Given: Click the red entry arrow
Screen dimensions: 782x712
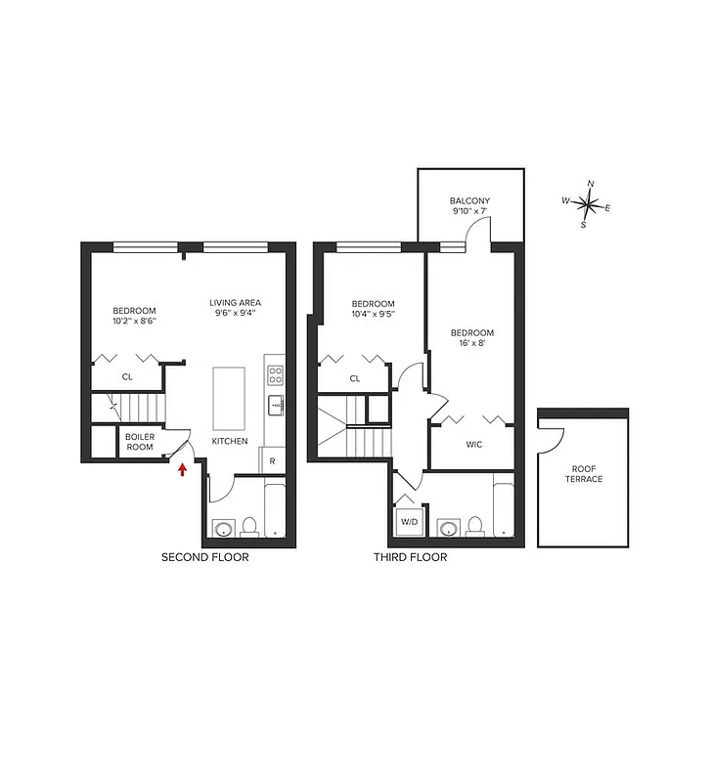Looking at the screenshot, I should click(x=182, y=471).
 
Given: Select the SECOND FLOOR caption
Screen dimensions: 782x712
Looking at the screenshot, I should click(x=204, y=558).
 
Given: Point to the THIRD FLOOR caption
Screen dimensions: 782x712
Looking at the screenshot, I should click(x=410, y=558).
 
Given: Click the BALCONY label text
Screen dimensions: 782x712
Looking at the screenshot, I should click(x=470, y=200).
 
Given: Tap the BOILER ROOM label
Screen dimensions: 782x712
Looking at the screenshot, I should click(x=140, y=442).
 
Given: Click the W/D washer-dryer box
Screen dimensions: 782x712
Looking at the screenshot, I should click(x=408, y=521).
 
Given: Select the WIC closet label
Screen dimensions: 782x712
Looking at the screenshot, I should click(x=474, y=445).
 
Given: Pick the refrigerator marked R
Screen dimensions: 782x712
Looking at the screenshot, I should click(x=272, y=460).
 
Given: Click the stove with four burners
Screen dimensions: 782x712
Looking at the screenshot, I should click(x=275, y=374).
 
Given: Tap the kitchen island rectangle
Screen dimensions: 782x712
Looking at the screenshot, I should click(x=232, y=397).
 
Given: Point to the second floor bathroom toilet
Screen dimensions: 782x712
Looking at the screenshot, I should click(x=249, y=527).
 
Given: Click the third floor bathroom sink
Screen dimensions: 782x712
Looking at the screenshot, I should click(x=449, y=529).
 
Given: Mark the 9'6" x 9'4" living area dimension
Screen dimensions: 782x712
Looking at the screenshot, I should click(x=236, y=315).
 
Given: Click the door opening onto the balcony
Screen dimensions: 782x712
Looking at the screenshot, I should click(x=477, y=232).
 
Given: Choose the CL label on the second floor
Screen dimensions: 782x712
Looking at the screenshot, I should click(x=127, y=376).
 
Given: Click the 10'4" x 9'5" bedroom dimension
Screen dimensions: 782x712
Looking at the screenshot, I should click(x=374, y=315).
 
